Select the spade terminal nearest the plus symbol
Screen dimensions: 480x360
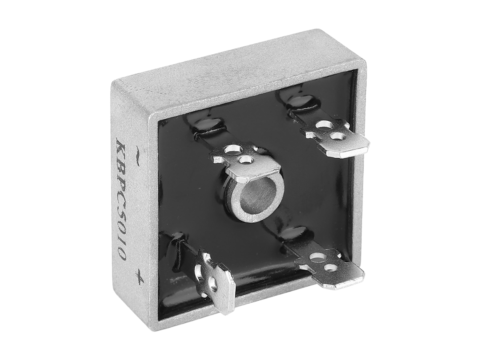[x=213, y=279]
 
